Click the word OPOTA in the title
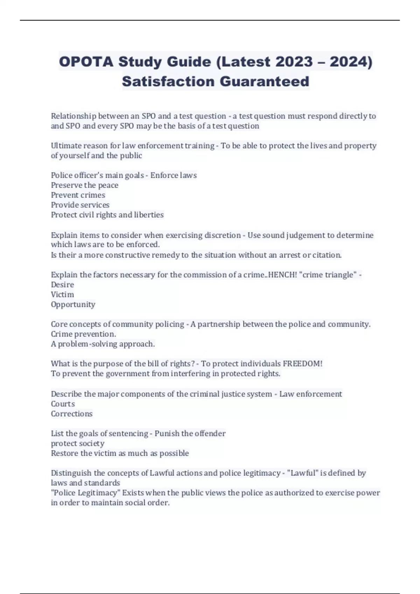86,62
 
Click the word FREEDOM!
302,364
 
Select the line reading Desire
62,285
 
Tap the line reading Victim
62,295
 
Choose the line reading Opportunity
73,305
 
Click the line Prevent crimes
78,195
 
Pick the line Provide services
80,205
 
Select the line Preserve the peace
84,185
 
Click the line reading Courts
63,404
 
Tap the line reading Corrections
72,414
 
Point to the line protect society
77,443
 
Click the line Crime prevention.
83,334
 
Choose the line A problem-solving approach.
103,344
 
